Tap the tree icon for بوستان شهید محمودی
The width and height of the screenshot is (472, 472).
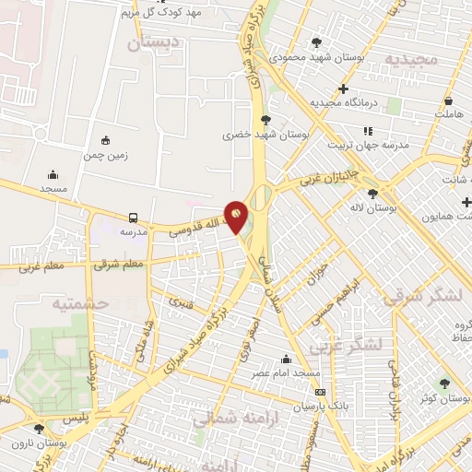(x=317, y=42)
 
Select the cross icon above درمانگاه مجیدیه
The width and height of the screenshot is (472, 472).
(x=343, y=88)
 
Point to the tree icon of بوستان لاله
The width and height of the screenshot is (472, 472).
(x=372, y=194)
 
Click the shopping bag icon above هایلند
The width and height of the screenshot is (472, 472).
(x=448, y=101)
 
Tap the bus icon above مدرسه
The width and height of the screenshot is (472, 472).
(x=134, y=218)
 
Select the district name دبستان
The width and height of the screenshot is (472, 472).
(x=149, y=42)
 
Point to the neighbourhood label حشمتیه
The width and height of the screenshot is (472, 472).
(x=80, y=303)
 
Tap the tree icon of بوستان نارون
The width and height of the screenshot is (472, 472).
(x=38, y=429)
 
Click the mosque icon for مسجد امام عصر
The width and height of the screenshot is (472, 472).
(x=287, y=360)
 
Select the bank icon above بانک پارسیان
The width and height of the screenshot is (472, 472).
(x=320, y=393)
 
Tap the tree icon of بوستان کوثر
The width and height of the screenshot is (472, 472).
(x=444, y=383)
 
